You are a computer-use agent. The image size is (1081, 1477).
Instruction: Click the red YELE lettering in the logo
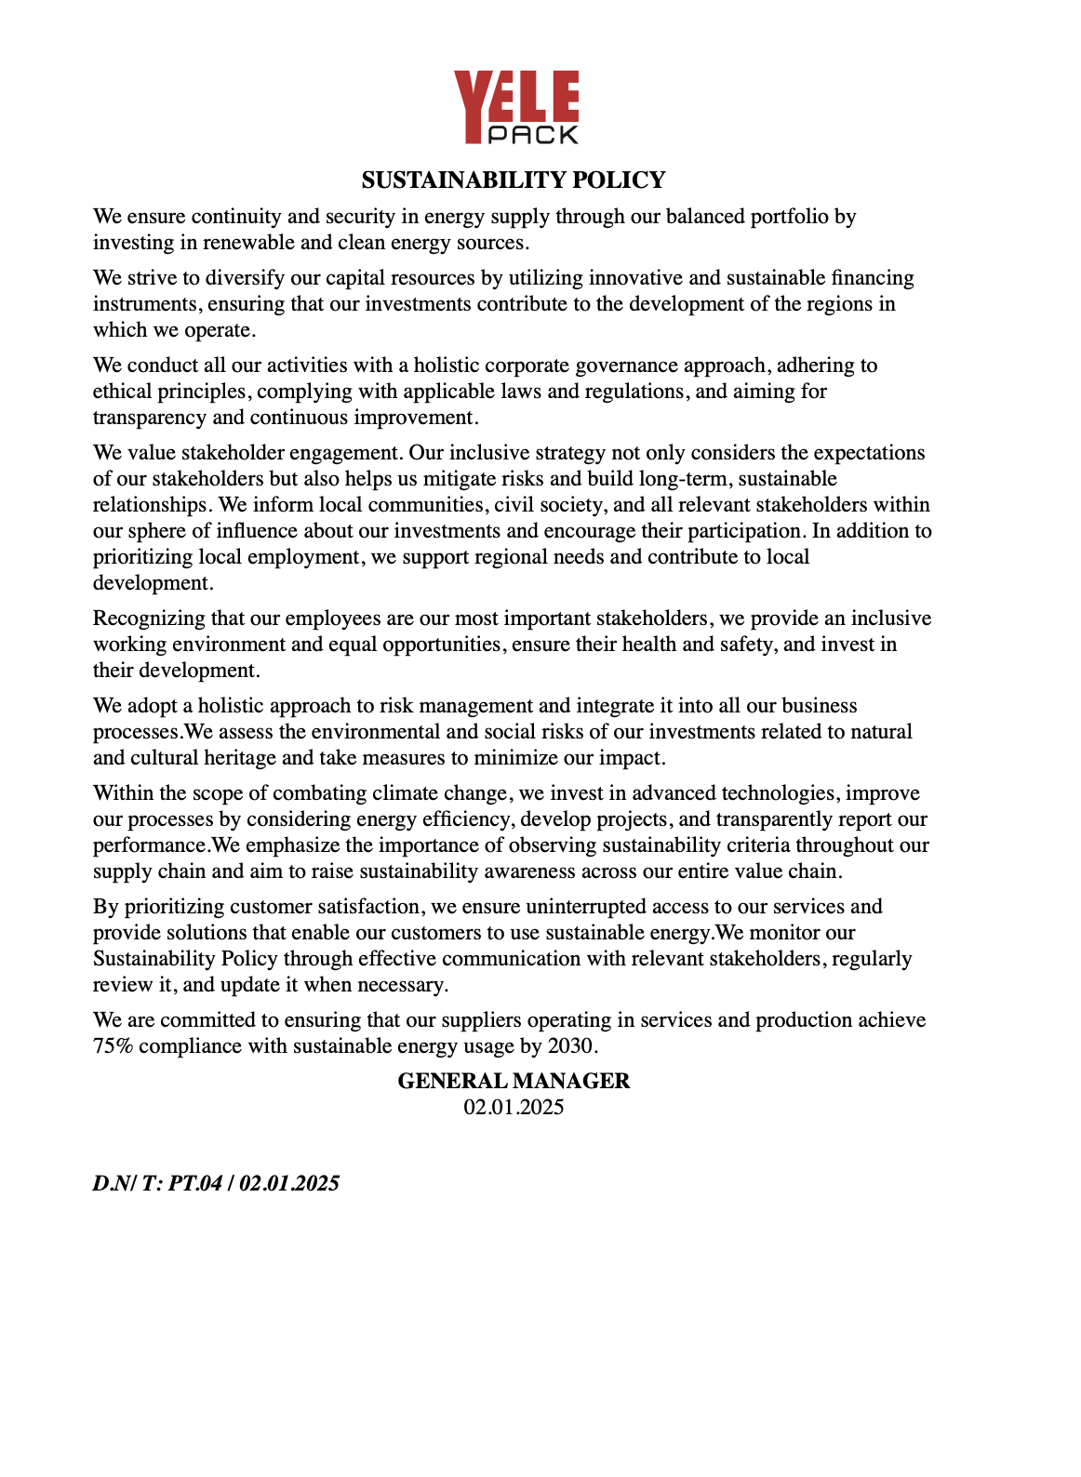[515, 98]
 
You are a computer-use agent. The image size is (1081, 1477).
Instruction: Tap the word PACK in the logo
[533, 135]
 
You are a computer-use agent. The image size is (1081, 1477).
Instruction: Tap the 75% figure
[113, 1046]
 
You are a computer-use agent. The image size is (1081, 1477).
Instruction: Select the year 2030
[569, 1046]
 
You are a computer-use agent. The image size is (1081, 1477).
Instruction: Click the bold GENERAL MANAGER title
[514, 1081]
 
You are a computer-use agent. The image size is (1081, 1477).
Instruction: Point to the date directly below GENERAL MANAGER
[514, 1107]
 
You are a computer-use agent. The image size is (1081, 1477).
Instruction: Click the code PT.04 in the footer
[195, 1183]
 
